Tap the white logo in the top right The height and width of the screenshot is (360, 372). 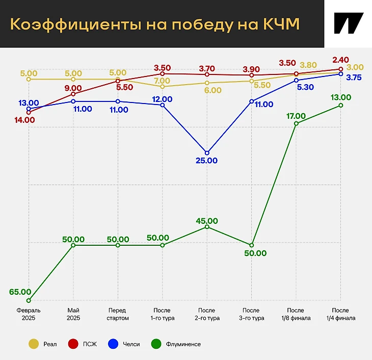[348, 23]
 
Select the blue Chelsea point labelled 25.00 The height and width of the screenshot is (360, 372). [207, 152]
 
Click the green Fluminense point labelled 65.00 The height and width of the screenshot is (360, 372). [29, 300]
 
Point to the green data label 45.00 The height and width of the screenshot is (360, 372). [207, 221]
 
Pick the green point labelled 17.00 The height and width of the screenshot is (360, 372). [296, 123]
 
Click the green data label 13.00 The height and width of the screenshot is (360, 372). [340, 97]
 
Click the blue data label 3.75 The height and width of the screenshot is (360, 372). [354, 78]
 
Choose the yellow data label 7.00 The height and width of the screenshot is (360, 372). [162, 81]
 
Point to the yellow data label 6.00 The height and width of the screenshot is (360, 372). [212, 90]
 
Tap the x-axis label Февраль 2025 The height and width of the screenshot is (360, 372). [29, 314]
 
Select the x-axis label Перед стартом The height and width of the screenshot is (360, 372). [118, 314]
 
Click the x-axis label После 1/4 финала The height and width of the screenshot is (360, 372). [340, 314]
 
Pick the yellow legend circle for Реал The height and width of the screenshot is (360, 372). [34, 344]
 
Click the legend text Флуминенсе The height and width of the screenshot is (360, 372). [183, 344]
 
